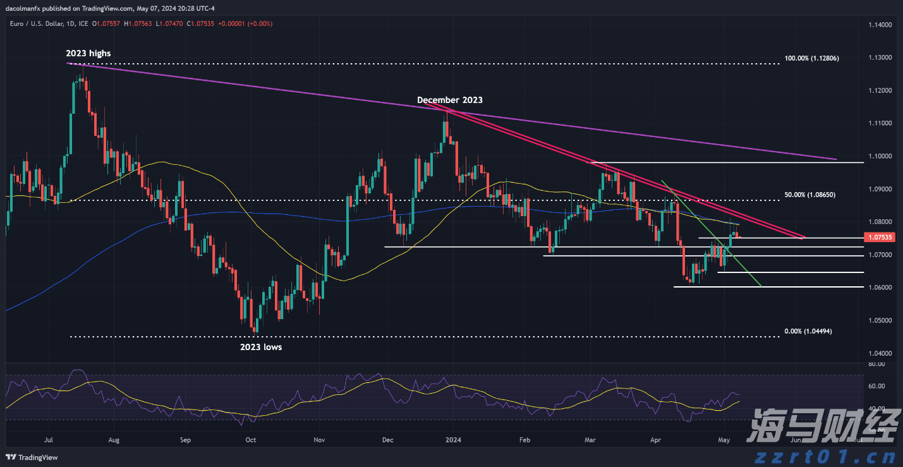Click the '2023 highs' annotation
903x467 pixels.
tap(88, 54)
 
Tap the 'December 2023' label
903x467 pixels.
tap(449, 100)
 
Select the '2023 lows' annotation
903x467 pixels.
tap(260, 347)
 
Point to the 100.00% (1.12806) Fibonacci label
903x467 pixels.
tap(811, 58)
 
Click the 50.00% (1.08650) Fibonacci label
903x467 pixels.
tap(809, 195)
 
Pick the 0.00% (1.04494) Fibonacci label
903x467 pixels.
tap(809, 331)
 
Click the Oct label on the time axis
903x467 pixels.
tap(250, 439)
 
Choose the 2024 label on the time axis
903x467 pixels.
tap(453, 439)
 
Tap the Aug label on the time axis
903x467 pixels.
tap(114, 439)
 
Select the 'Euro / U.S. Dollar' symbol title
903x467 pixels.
tap(31, 23)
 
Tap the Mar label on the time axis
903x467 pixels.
tap(590, 439)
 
